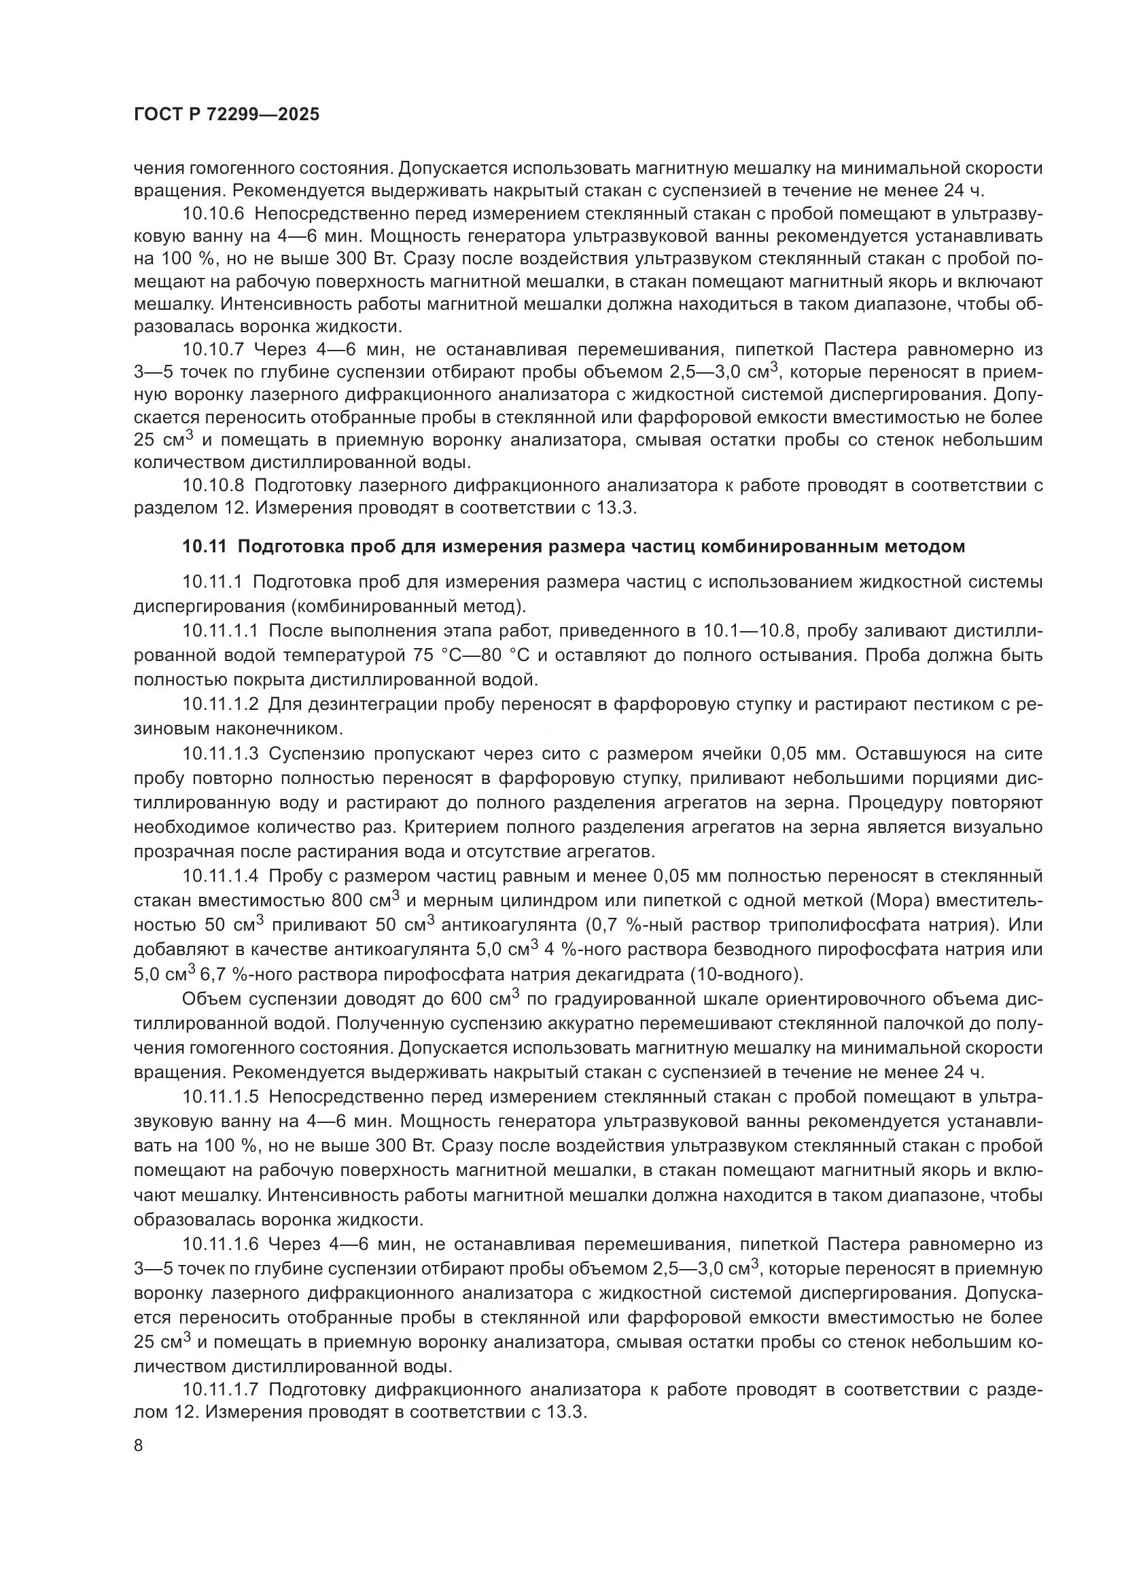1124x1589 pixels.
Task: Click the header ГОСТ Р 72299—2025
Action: point(226,115)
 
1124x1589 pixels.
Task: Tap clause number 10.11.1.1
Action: point(220,630)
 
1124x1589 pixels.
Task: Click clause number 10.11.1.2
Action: point(220,704)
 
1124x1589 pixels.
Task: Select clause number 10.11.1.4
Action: point(220,876)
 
